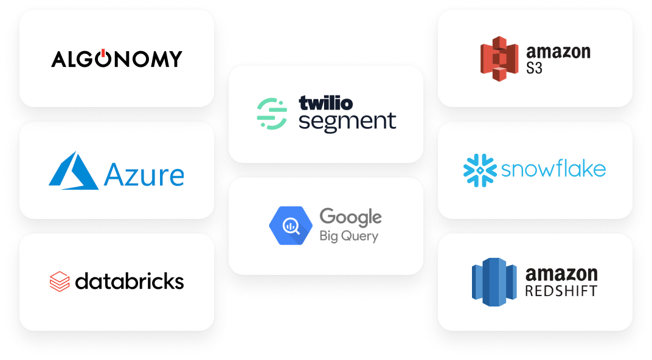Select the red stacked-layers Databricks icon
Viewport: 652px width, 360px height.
pos(60,282)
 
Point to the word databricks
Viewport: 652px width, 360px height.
pos(130,281)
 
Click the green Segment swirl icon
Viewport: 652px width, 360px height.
pos(271,114)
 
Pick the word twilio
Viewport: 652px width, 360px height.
pos(325,103)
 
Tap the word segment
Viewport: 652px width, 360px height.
pos(347,122)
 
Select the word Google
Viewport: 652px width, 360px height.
pos(350,217)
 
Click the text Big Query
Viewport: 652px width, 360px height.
pos(349,236)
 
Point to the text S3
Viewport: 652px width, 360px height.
pos(535,67)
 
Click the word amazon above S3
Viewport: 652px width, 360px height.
pos(558,51)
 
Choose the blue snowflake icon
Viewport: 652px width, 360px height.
pos(479,170)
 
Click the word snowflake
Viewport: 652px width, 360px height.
pos(553,168)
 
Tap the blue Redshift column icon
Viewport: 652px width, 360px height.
pos(494,282)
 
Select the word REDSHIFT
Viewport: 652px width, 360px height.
pos(561,291)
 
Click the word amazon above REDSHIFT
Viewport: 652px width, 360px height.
pos(561,274)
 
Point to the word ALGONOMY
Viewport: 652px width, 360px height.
pos(117,58)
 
